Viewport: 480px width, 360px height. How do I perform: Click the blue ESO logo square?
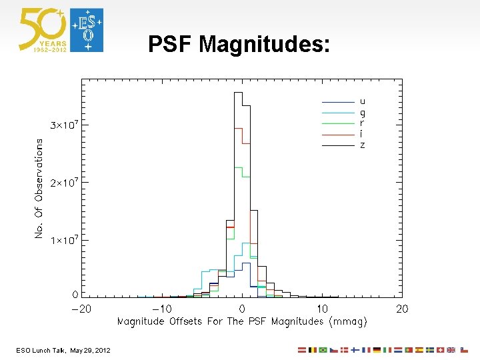87,30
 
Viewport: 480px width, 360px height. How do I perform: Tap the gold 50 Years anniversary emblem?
43,30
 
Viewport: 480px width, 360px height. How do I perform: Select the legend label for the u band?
362,101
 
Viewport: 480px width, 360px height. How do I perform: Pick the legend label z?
362,145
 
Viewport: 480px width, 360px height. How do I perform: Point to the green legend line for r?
338,123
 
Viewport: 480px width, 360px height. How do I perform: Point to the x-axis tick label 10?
322,309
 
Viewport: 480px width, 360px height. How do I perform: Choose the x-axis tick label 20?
402,309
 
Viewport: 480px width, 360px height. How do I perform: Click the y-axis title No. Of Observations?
39,188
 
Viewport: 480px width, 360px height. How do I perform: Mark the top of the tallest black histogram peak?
237,93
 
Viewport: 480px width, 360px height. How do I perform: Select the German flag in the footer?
377,350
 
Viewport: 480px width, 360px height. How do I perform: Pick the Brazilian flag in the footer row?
323,350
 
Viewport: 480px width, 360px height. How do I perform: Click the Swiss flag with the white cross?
440,350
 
